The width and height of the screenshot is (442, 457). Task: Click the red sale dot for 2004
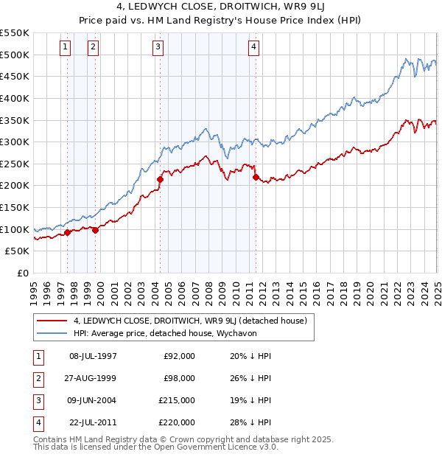pos(160,178)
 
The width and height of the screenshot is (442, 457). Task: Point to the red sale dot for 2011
pos(256,177)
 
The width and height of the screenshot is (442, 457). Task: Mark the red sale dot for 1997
pos(67,233)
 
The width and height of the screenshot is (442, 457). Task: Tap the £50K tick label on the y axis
pos(18,251)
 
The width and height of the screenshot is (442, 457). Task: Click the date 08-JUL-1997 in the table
pos(93,356)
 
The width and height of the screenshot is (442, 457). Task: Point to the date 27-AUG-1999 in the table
pos(93,378)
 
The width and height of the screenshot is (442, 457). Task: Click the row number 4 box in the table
pos(37,422)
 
